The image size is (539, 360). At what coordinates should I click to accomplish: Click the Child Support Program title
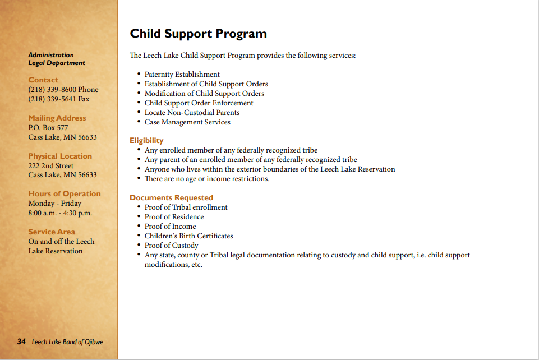point(198,34)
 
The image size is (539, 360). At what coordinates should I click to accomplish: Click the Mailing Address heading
point(57,118)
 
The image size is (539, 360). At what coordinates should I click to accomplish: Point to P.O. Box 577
point(48,128)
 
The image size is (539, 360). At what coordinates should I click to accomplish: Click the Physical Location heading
point(60,156)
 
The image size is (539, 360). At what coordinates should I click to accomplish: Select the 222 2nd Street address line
point(51,165)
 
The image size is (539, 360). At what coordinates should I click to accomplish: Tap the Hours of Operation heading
point(65,194)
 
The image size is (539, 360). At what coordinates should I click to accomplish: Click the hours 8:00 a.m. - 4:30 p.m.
point(60,213)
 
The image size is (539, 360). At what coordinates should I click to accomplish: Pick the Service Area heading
point(52,232)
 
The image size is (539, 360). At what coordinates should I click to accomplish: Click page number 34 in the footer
point(21,341)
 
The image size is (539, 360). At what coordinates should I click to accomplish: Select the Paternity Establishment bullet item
point(182,75)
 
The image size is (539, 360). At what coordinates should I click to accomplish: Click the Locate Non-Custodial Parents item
point(192,113)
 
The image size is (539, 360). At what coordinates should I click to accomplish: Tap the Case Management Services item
point(187,122)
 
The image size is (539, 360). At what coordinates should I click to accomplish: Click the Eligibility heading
point(146,141)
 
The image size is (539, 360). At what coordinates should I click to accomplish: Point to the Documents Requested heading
point(171,198)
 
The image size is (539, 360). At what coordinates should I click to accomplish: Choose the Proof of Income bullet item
point(170,227)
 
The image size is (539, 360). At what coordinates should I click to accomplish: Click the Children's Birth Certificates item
point(188,236)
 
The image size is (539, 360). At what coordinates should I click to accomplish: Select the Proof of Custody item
point(171,246)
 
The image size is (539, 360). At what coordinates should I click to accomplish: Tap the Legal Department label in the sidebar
point(57,63)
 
